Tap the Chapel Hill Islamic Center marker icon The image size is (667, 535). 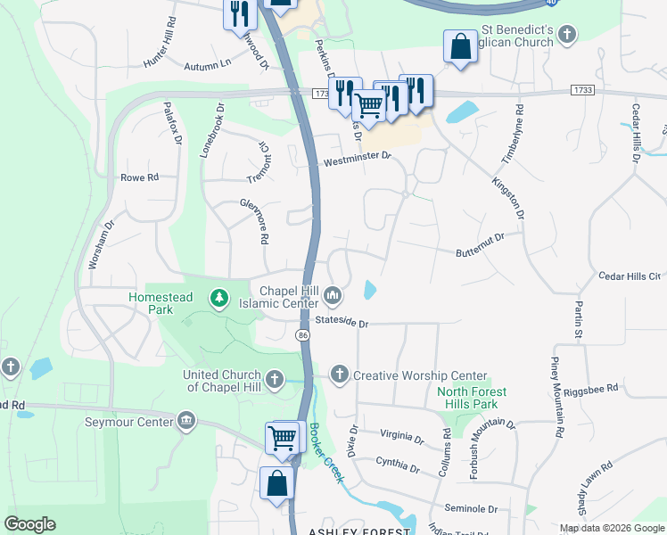[333, 294]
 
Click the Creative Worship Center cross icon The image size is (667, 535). [339, 374]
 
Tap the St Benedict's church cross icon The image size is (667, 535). [567, 35]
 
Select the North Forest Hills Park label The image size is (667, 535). [472, 398]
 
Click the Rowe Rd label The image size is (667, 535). [139, 177]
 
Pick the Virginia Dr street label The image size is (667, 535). [401, 438]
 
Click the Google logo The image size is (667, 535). [29, 524]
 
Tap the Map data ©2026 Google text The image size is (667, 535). [612, 528]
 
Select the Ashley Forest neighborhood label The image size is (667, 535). [359, 531]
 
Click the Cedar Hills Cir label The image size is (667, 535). [630, 277]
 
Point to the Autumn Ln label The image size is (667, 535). [207, 65]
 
